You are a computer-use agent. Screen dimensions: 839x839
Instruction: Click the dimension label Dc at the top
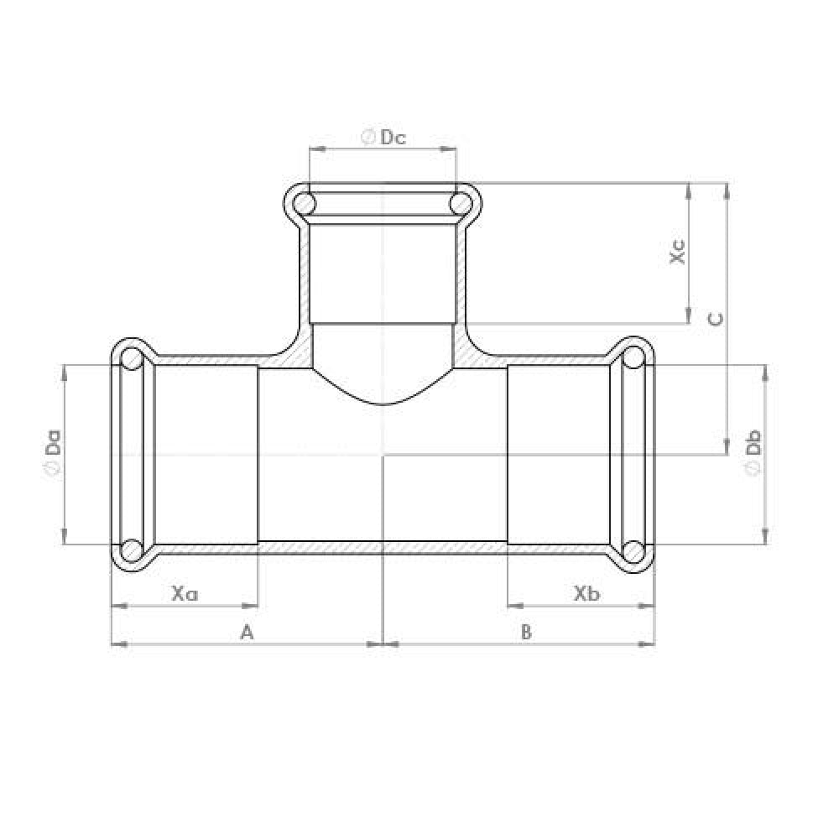[393, 138]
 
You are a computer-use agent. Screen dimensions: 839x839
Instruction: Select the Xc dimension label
[679, 253]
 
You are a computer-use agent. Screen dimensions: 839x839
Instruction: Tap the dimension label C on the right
[714, 319]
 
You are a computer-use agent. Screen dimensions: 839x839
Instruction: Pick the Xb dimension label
[586, 593]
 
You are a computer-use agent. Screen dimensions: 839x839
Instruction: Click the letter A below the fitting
[247, 632]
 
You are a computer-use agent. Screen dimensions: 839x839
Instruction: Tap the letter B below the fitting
[526, 632]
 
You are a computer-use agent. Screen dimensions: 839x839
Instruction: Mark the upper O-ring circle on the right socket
[634, 359]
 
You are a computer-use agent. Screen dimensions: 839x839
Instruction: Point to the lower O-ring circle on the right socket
[634, 550]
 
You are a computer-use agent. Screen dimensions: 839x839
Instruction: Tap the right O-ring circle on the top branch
[459, 203]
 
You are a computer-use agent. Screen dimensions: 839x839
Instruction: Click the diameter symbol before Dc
[367, 138]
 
